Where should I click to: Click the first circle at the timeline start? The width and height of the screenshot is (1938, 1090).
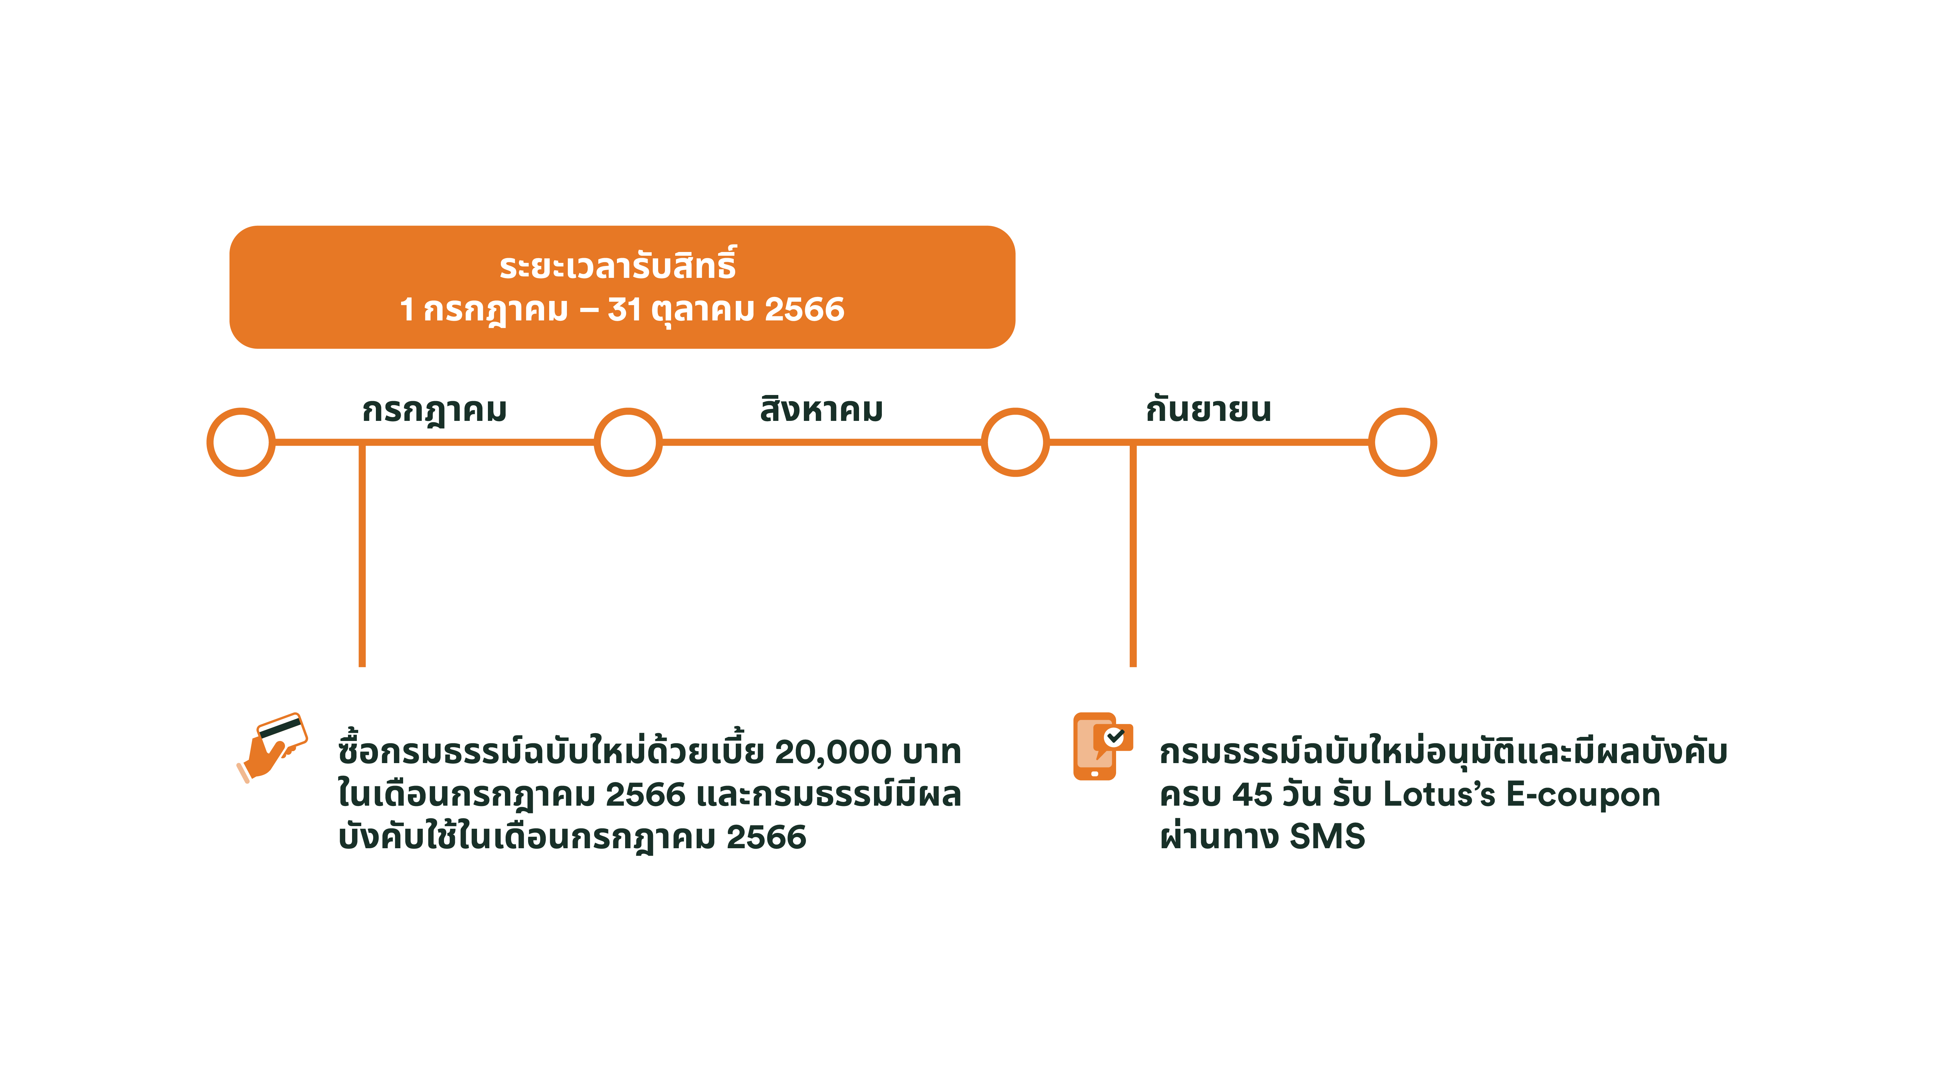241,442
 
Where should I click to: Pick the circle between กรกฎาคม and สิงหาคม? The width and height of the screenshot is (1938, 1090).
628,442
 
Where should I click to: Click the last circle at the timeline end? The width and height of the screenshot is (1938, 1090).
1402,442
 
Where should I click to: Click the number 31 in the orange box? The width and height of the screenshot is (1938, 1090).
624,309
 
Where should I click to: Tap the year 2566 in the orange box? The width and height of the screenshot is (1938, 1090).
804,309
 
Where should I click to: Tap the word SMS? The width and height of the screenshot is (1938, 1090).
1327,837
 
